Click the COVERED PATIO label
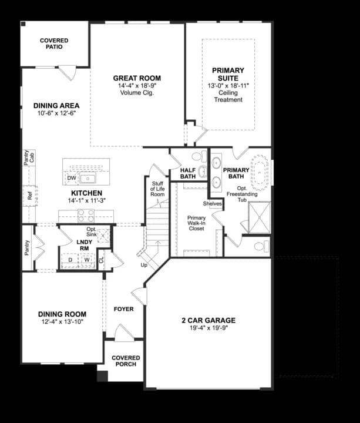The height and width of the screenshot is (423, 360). pos(54,43)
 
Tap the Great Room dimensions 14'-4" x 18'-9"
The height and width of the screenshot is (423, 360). pos(137,86)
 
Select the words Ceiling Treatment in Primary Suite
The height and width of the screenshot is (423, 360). pos(228,96)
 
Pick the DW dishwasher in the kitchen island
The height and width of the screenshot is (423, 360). pos(72,178)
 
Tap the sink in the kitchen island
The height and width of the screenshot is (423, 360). pos(90,178)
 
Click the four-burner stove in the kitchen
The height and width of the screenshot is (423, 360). pos(86,214)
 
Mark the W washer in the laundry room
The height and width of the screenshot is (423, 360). pos(86,259)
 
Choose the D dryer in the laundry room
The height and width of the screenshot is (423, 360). pos(71,259)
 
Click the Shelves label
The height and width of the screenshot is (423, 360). pos(212,204)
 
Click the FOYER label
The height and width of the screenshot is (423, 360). pos(123,309)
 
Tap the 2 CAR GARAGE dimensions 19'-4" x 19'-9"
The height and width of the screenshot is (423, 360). pos(208,329)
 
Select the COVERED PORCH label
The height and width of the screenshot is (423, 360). pos(126,361)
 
